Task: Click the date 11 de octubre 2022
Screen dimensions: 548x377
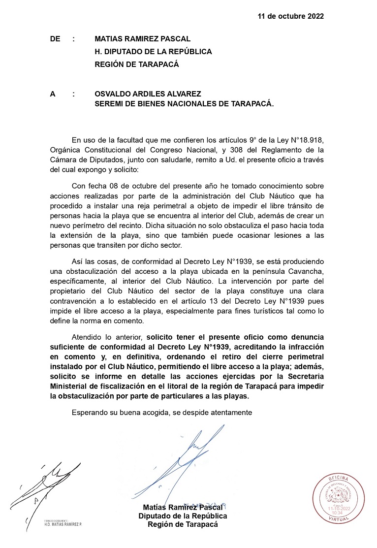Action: pyautogui.click(x=290, y=16)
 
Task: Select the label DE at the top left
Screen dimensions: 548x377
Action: pyautogui.click(x=56, y=39)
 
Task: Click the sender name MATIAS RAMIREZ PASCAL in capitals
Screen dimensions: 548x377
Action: pyautogui.click(x=143, y=39)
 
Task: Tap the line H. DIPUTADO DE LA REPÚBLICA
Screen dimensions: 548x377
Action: pyautogui.click(x=153, y=51)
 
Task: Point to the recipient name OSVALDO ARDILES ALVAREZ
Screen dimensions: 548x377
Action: pyautogui.click(x=148, y=93)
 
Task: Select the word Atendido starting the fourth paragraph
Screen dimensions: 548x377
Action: pyautogui.click(x=87, y=337)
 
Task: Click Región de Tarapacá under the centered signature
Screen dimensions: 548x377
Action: pyautogui.click(x=183, y=524)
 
